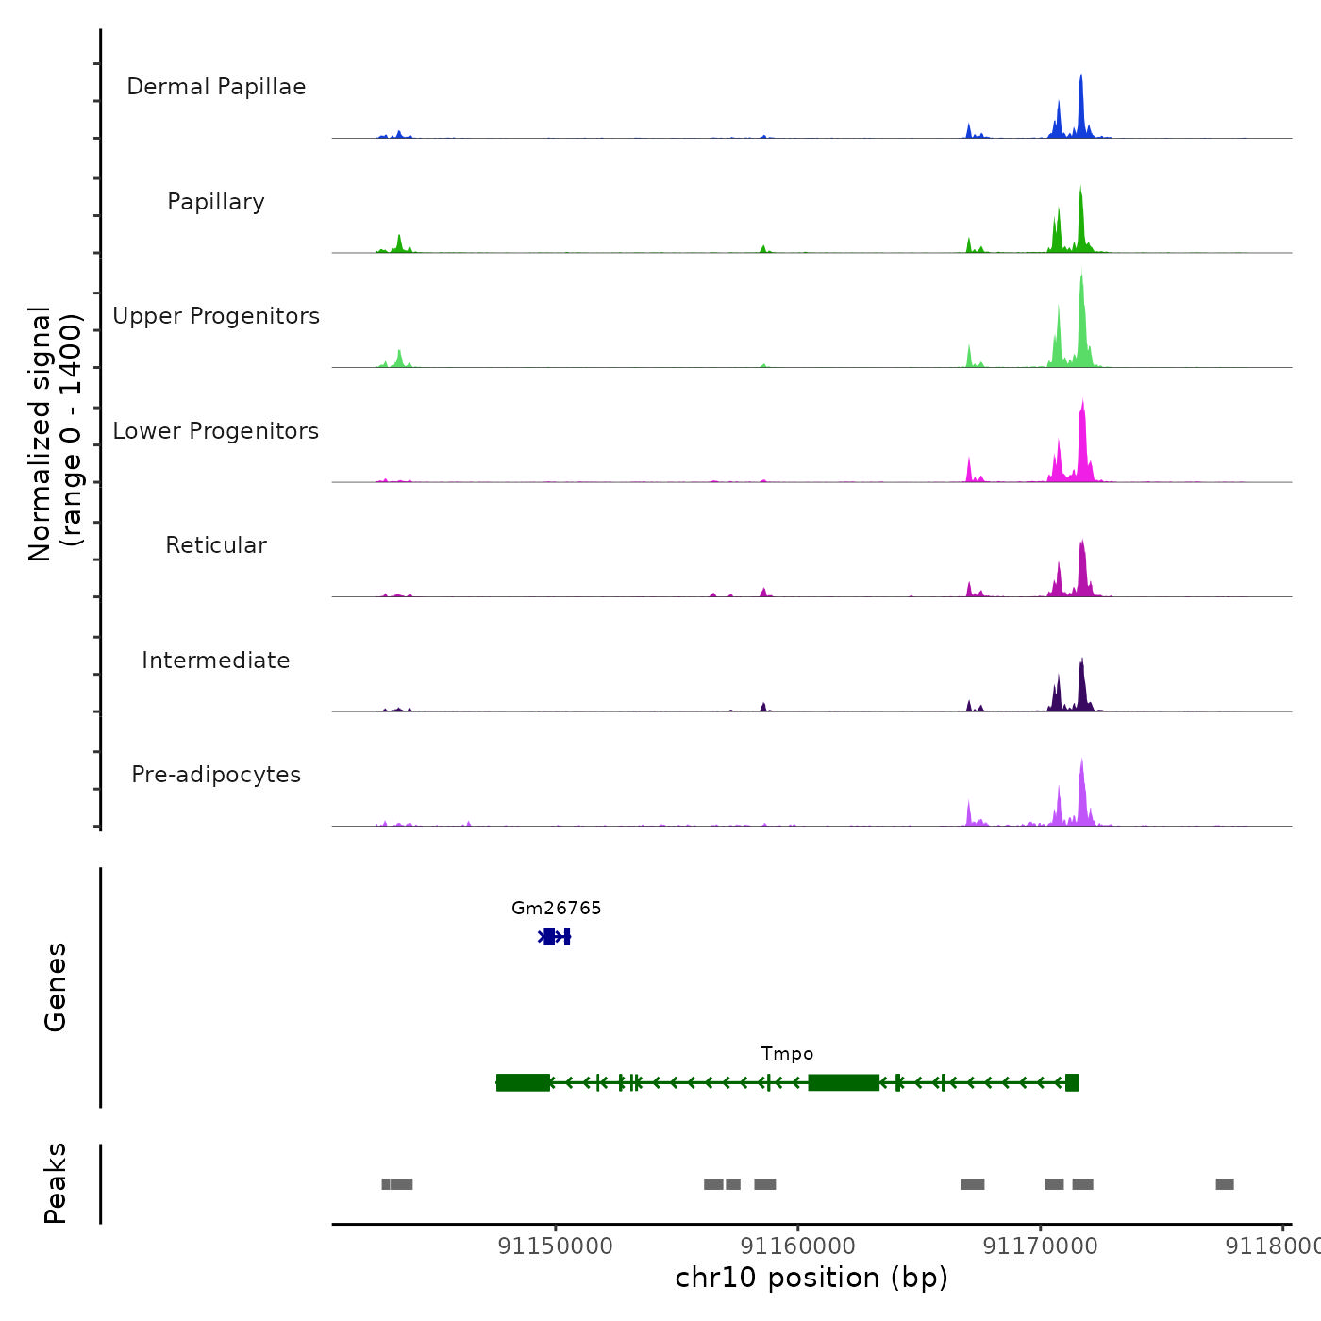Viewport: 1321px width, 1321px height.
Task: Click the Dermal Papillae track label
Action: (216, 87)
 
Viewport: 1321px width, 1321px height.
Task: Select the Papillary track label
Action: (216, 202)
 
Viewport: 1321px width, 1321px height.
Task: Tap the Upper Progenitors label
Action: (216, 316)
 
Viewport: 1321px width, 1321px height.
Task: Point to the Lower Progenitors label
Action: (216, 431)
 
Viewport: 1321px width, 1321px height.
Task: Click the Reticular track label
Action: (216, 545)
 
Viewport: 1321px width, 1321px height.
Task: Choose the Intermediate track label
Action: (216, 660)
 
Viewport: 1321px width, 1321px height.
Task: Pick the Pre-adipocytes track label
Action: (216, 775)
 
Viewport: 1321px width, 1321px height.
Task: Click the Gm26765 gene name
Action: (557, 909)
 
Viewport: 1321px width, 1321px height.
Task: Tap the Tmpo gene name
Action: (787, 1054)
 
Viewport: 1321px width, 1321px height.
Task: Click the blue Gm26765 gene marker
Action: (554, 937)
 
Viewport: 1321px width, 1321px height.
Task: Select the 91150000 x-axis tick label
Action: (556, 1246)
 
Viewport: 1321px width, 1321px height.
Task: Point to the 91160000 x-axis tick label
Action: (798, 1246)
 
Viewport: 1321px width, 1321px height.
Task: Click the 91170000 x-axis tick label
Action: (1041, 1246)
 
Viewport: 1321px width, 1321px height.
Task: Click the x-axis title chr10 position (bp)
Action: (811, 1278)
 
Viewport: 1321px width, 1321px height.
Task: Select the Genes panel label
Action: (56, 987)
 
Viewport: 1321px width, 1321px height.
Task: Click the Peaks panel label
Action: (56, 1183)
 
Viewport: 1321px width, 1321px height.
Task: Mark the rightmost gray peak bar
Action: (1225, 1184)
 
